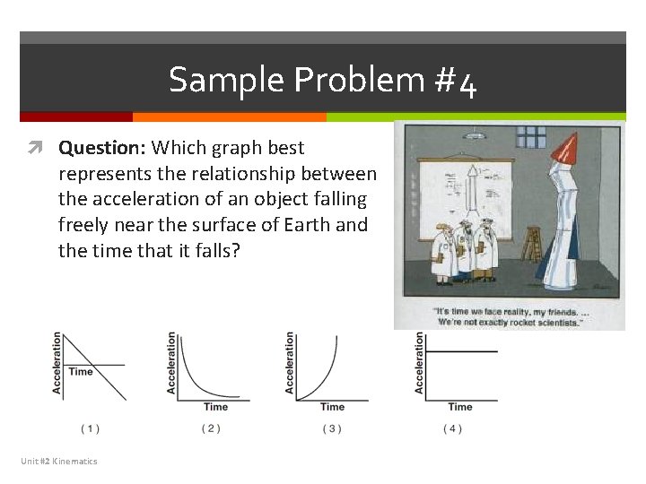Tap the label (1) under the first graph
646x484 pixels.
coord(91,428)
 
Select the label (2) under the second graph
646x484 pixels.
coord(211,428)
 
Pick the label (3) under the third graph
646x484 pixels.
coord(332,428)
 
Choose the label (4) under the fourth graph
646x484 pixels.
coord(453,428)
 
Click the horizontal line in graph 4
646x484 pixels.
coord(461,351)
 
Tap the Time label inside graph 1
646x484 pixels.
coord(81,371)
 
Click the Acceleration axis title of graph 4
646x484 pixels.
coord(419,362)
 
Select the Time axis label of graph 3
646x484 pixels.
coord(332,407)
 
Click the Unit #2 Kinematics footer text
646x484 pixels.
coord(59,461)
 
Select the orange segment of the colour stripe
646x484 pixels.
coord(229,117)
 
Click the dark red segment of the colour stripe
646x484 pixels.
coord(76,117)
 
